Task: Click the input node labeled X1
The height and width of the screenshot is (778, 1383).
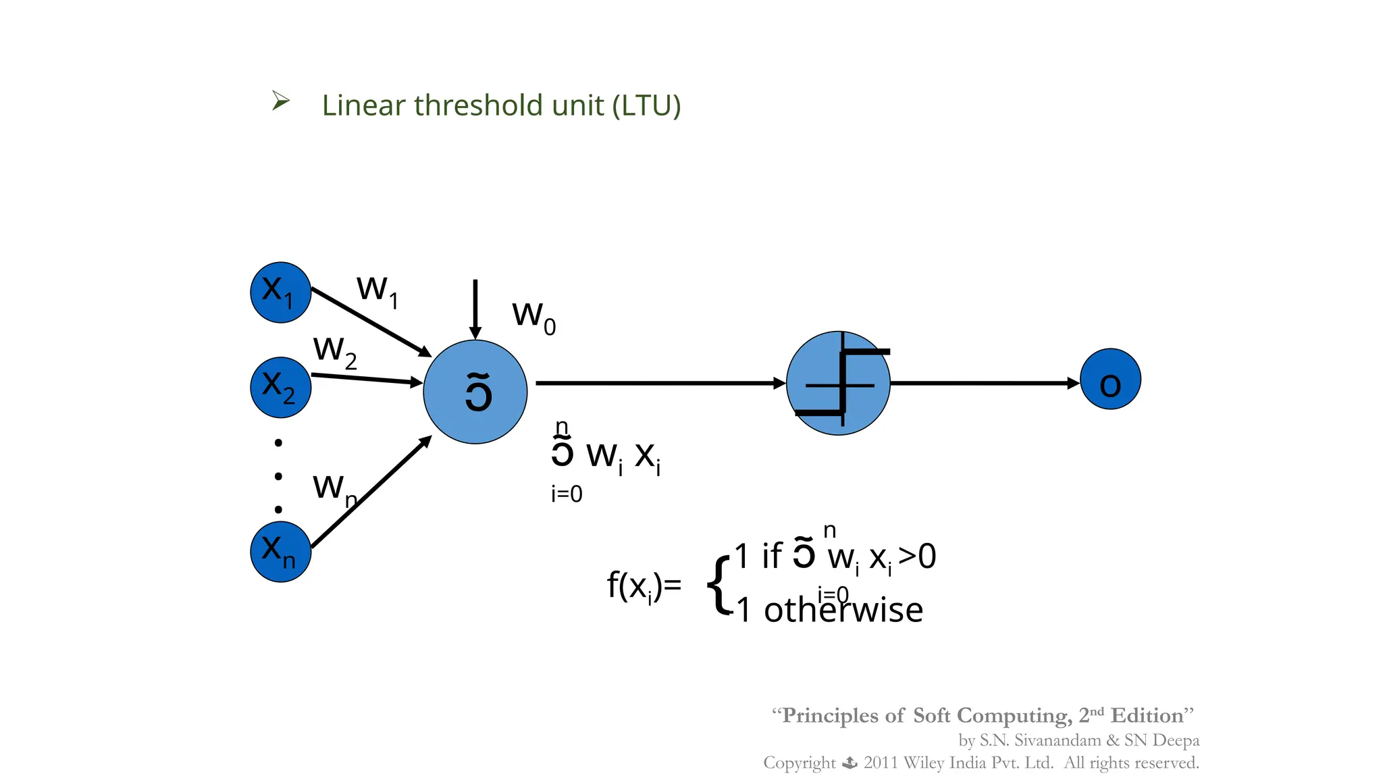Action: (x=280, y=292)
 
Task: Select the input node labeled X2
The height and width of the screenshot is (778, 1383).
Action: (x=280, y=387)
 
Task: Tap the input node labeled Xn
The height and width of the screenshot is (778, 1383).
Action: (x=280, y=551)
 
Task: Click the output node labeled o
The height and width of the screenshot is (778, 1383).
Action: (x=1110, y=379)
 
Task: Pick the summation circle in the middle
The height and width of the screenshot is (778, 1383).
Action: (x=475, y=392)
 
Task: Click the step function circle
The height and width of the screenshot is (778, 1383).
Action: (x=838, y=383)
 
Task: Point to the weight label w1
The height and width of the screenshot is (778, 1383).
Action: (x=377, y=291)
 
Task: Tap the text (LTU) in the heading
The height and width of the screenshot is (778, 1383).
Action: (x=646, y=106)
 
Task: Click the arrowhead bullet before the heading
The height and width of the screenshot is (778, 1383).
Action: (x=280, y=101)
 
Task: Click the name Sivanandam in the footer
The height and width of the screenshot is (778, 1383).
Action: (x=1058, y=740)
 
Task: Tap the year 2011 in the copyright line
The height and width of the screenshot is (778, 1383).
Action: (x=881, y=763)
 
